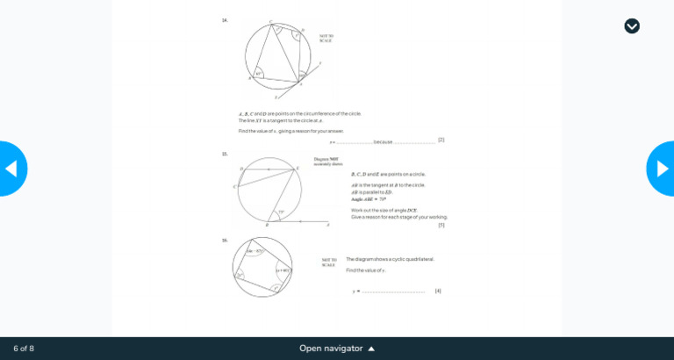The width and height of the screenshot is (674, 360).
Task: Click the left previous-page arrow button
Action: pyautogui.click(x=11, y=169)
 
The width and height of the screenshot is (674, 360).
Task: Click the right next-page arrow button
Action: pyautogui.click(x=662, y=169)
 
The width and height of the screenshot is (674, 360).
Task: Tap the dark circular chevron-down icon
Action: pyautogui.click(x=632, y=26)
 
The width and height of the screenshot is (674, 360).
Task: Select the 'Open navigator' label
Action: pyautogui.click(x=331, y=349)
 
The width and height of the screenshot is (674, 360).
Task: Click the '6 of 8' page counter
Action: pyautogui.click(x=24, y=349)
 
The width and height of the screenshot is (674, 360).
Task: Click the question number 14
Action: pyautogui.click(x=225, y=20)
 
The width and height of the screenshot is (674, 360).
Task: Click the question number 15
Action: pyautogui.click(x=225, y=155)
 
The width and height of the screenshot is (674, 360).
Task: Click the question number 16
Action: pyautogui.click(x=225, y=240)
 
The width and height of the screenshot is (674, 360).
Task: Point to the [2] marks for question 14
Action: pyautogui.click(x=441, y=140)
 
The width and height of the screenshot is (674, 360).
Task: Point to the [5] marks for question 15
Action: pyautogui.click(x=441, y=225)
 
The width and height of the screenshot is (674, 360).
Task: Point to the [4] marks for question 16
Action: pyautogui.click(x=438, y=291)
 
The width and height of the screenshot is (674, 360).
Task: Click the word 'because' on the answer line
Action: pyautogui.click(x=383, y=141)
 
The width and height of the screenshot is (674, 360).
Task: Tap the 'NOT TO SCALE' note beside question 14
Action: pyautogui.click(x=326, y=39)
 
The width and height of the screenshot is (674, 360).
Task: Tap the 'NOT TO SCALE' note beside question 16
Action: pyautogui.click(x=328, y=262)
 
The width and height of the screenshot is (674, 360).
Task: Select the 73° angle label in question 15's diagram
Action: pyautogui.click(x=281, y=212)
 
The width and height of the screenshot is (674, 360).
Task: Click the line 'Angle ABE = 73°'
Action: pyautogui.click(x=369, y=199)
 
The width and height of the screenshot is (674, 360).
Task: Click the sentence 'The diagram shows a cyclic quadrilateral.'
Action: pyautogui.click(x=390, y=259)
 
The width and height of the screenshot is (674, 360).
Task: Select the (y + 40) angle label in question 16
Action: pyautogui.click(x=283, y=270)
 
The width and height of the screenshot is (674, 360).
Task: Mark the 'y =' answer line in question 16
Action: pyautogui.click(x=391, y=292)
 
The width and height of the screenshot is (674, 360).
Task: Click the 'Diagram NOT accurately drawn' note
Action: pyautogui.click(x=327, y=162)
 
